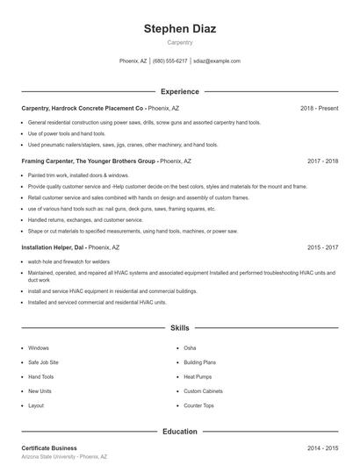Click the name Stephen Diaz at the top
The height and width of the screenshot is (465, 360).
point(180,29)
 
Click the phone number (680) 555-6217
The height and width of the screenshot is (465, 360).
point(170,61)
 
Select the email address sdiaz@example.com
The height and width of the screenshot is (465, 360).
point(216,61)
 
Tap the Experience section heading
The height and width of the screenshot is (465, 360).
point(180,91)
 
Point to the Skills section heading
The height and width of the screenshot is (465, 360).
point(180,327)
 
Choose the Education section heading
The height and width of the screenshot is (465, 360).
point(180,432)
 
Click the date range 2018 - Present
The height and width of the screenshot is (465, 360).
point(320,108)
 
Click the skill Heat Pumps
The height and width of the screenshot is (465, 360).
point(197,376)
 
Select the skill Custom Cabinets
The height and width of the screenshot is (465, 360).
point(203,391)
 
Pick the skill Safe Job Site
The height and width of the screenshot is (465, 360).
point(43,362)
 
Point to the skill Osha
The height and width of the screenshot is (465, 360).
point(190,348)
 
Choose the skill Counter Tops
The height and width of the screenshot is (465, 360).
point(198,405)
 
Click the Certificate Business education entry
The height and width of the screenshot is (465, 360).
point(49,448)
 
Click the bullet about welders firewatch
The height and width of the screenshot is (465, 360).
point(68,261)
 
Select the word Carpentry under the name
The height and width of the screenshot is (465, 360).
point(180,42)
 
